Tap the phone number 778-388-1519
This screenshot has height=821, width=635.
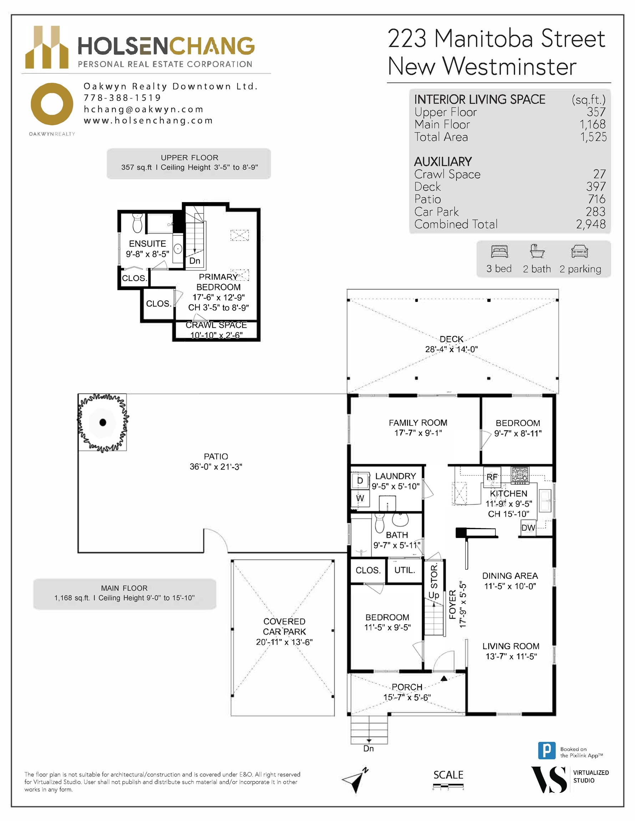click(x=122, y=98)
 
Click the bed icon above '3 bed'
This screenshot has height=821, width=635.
click(x=499, y=251)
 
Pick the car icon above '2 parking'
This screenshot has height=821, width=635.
click(x=580, y=251)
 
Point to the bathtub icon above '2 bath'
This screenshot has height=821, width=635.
click(x=537, y=251)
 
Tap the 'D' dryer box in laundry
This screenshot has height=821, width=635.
click(x=360, y=480)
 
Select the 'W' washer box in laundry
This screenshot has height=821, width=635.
click(x=360, y=499)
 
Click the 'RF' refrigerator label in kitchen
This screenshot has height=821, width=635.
click(x=492, y=477)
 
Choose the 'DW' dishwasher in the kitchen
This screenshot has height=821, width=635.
click(x=528, y=528)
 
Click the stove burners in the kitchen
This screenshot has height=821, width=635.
click(x=520, y=475)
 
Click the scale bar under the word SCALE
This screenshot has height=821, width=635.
click(x=448, y=785)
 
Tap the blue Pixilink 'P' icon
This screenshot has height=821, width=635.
click(x=547, y=751)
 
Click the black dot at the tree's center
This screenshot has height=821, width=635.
click(x=102, y=422)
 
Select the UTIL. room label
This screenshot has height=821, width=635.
click(x=405, y=570)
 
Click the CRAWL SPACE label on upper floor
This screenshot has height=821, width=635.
click(x=216, y=325)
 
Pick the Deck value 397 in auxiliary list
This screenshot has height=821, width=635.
click(x=596, y=186)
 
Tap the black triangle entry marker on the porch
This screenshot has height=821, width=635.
click(x=444, y=678)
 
